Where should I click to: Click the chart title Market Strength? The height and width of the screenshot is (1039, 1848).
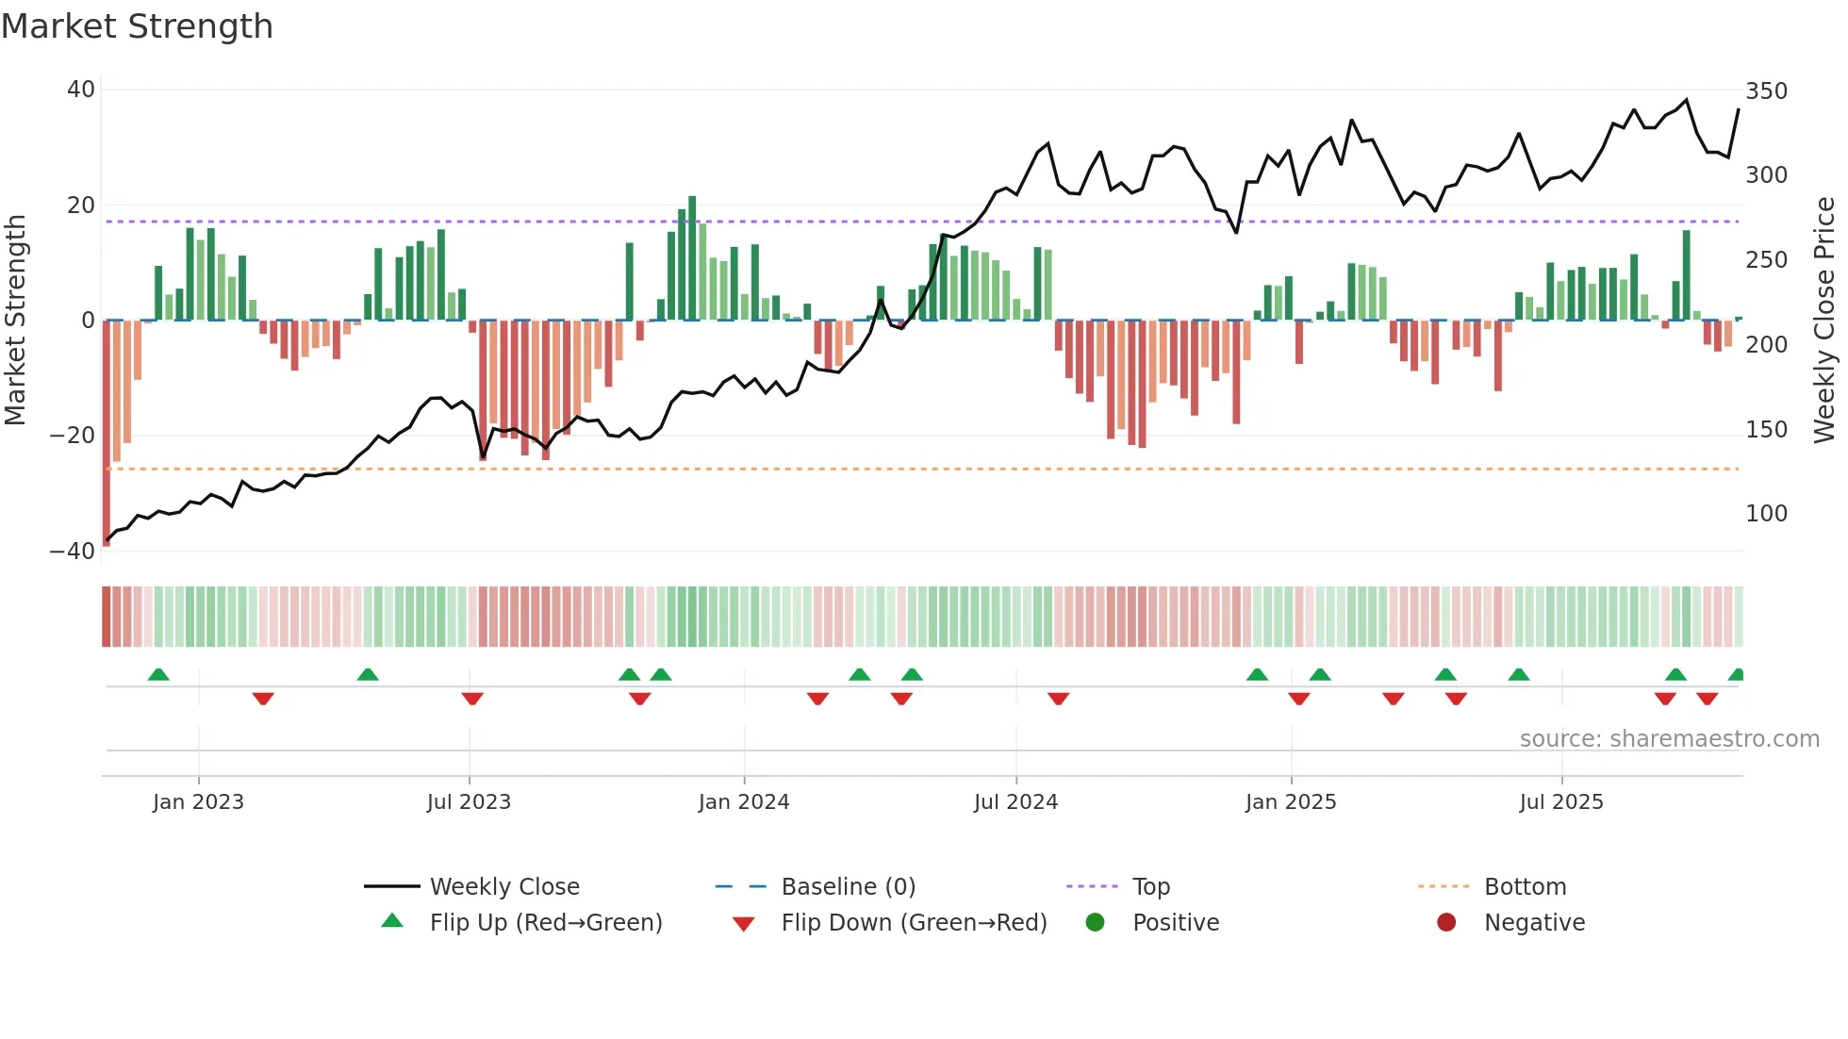pyautogui.click(x=137, y=26)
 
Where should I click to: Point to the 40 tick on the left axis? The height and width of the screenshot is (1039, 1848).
pyautogui.click(x=81, y=90)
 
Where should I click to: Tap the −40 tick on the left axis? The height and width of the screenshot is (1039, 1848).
pyautogui.click(x=73, y=552)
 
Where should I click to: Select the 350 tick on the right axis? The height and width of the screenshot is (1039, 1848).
pyautogui.click(x=1766, y=91)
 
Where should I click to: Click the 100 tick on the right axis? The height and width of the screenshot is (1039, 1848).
pyautogui.click(x=1766, y=514)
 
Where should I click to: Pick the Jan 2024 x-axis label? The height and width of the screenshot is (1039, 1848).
pyautogui.click(x=743, y=802)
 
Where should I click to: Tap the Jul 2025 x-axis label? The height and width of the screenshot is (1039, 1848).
pyautogui.click(x=1560, y=802)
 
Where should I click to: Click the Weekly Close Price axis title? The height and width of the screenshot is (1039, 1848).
pyautogui.click(x=1824, y=321)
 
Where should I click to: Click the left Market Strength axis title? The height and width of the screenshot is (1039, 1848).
pyautogui.click(x=15, y=321)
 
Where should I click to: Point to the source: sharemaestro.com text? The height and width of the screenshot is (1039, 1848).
pyautogui.click(x=1669, y=739)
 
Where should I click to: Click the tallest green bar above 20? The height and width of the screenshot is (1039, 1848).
pyautogui.click(x=692, y=256)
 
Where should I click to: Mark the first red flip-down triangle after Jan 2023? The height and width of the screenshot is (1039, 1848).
pyautogui.click(x=263, y=699)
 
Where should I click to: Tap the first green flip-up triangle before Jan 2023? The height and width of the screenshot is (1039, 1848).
pyautogui.click(x=158, y=675)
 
